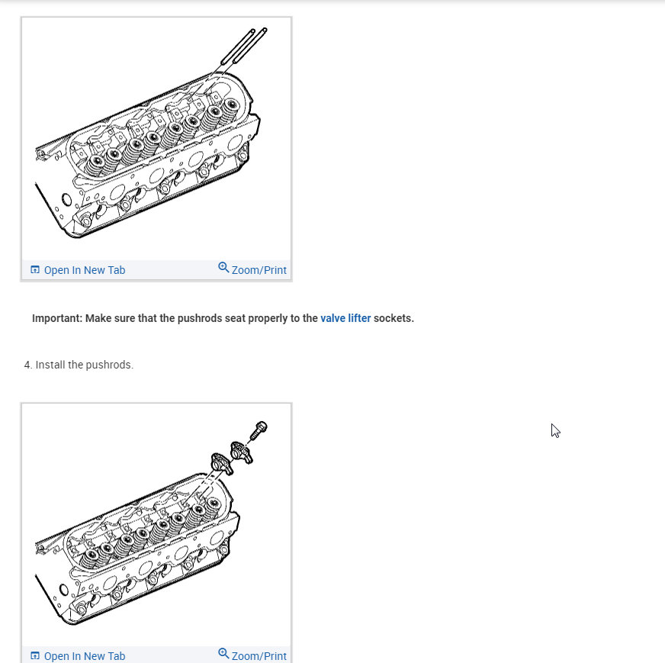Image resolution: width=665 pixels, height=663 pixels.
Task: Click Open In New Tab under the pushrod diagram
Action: click(x=84, y=270)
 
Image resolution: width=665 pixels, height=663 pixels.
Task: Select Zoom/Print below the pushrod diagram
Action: click(x=259, y=270)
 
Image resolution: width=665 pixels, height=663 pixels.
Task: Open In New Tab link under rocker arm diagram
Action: click(x=84, y=656)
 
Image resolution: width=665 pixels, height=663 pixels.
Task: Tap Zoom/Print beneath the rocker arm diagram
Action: click(x=259, y=656)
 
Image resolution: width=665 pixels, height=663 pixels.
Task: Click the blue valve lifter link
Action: click(x=345, y=318)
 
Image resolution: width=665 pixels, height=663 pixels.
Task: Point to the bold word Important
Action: click(x=56, y=318)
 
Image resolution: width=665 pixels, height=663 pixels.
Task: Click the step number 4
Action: click(x=27, y=365)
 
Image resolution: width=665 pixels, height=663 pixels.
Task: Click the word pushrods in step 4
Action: click(x=109, y=365)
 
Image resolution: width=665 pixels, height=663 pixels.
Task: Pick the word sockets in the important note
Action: click(x=393, y=318)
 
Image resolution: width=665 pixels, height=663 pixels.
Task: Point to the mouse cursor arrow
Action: click(x=554, y=430)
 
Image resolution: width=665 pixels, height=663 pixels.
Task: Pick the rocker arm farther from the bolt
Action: click(x=220, y=463)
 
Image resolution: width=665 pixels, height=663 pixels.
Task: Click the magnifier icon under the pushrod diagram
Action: click(x=223, y=268)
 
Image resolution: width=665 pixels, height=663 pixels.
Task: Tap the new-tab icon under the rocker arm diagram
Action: click(x=34, y=656)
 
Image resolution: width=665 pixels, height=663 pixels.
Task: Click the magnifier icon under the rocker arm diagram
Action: click(x=223, y=654)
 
